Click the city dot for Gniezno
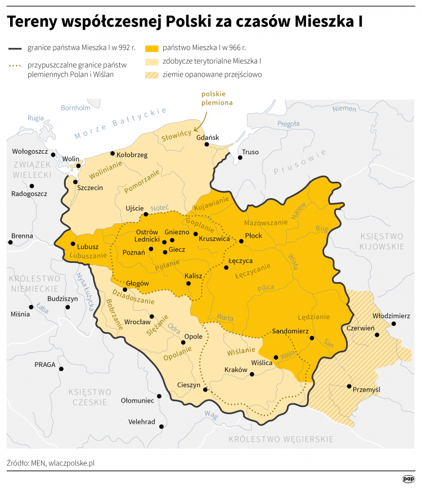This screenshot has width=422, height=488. (172, 240)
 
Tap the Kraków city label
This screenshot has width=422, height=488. (236, 370)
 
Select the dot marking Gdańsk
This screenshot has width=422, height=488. (207, 145)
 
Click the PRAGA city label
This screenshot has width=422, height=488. (45, 364)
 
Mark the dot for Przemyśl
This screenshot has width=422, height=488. (349, 386)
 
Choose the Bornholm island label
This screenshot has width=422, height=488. (75, 108)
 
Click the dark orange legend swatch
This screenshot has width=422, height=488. (152, 48)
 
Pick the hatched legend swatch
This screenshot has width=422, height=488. (152, 74)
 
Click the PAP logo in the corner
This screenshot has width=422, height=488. (408, 478)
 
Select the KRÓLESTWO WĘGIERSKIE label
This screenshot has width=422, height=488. (281, 438)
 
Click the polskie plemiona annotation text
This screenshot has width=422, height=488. (217, 99)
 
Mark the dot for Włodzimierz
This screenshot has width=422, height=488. (393, 324)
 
